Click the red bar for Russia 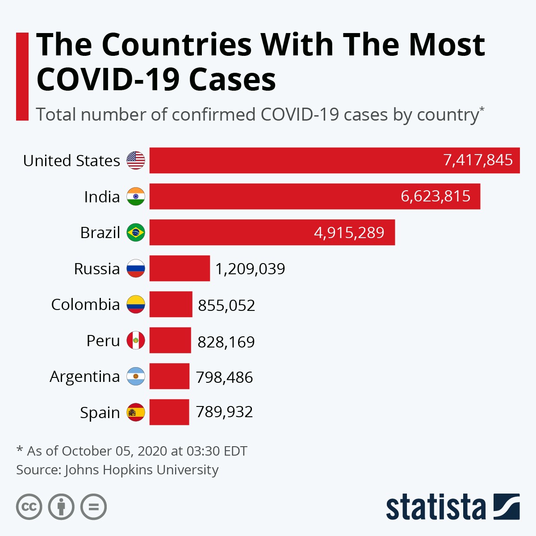[180, 268]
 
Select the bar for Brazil [272, 232]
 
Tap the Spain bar [169, 412]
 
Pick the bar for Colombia [171, 305]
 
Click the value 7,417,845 [478, 160]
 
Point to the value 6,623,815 [435, 196]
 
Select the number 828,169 [226, 342]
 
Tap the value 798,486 [224, 377]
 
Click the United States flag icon [136, 160]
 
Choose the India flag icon [136, 197]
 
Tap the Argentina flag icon [136, 377]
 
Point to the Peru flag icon [136, 340]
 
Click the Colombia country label [85, 305]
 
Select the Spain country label [100, 413]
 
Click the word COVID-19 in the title [106, 80]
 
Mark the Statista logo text [435, 507]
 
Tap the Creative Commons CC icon [29, 507]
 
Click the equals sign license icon [94, 507]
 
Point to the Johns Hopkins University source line [117, 470]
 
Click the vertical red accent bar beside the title [22, 76]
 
